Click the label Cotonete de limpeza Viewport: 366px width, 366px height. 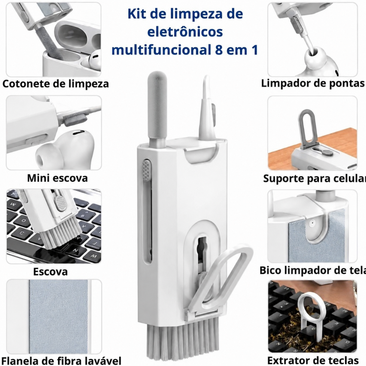pyautogui.click(x=56, y=84)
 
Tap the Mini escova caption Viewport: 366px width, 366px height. pyautogui.click(x=57, y=178)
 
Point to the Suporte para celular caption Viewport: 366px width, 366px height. pyautogui.click(x=314, y=178)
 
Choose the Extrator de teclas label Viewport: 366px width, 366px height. pyautogui.click(x=313, y=361)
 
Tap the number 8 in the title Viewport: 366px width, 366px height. pyautogui.click(x=219, y=50)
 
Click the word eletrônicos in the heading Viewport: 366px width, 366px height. pyautogui.click(x=185, y=32)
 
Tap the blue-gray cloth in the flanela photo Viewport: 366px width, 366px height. pyautogui.click(x=59, y=317)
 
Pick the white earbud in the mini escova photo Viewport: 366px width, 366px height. pyautogui.click(x=66, y=148)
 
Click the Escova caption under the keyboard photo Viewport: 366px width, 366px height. pyautogui.click(x=51, y=272)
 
